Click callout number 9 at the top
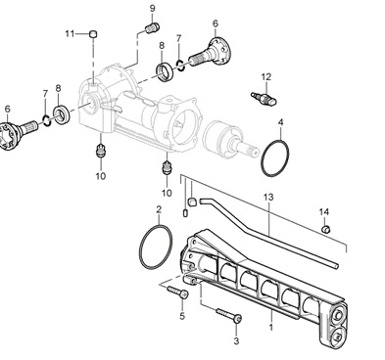tap(153, 9)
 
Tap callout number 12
tap(265, 76)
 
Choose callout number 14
tap(324, 211)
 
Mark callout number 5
tap(181, 316)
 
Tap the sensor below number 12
tap(262, 98)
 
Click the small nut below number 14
tap(326, 230)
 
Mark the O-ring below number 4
tap(275, 157)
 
